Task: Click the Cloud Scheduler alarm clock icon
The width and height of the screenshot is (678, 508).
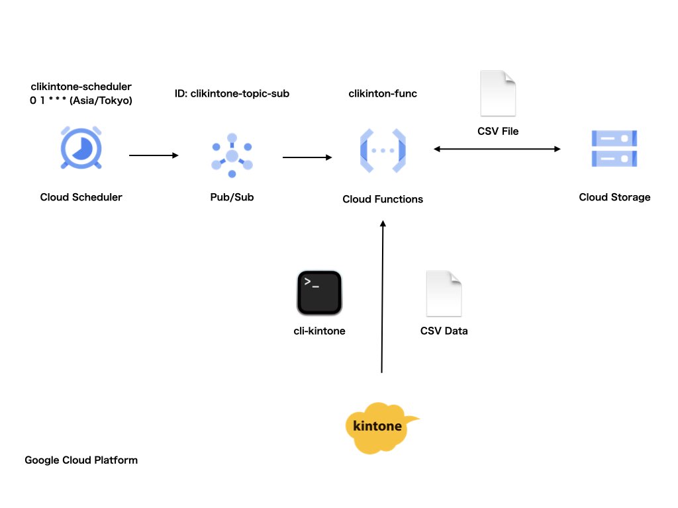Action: tap(81, 148)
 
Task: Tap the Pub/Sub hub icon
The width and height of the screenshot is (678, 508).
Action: tap(232, 155)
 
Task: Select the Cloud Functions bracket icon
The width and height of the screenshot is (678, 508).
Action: tap(383, 151)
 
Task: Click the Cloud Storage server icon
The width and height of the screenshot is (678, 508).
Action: tap(614, 148)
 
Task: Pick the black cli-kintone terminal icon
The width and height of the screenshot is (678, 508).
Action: tap(319, 292)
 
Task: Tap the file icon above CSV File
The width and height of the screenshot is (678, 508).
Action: tap(498, 93)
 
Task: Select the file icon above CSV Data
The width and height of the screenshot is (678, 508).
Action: tap(444, 294)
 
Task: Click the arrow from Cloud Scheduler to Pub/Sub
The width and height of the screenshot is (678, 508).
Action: tap(154, 155)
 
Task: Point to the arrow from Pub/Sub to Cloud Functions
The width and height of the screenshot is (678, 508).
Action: tap(307, 157)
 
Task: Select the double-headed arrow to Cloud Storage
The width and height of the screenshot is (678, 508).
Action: tap(497, 149)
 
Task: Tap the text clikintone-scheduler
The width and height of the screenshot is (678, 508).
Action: tap(81, 87)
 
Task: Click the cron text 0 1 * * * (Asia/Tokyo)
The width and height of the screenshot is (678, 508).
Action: tap(81, 101)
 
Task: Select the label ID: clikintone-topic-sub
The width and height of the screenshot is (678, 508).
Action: tap(232, 94)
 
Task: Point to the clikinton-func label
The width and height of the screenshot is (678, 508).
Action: tap(383, 94)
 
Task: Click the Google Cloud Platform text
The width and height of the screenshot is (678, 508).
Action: tap(81, 460)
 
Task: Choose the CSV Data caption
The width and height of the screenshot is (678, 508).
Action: tap(444, 331)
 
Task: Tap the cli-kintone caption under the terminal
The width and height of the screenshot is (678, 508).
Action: tap(319, 331)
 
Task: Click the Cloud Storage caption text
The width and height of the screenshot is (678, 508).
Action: tap(614, 197)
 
